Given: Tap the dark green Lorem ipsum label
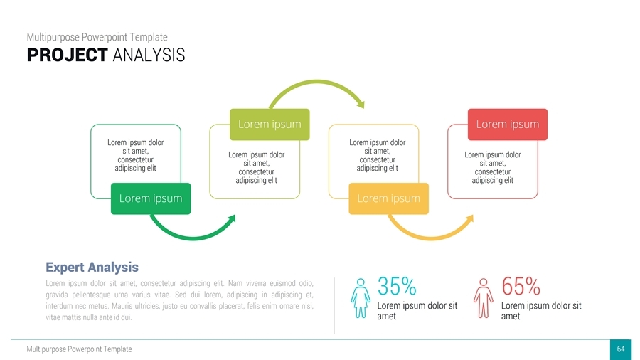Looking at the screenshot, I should (x=151, y=198).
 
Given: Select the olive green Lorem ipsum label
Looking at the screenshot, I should (x=270, y=124).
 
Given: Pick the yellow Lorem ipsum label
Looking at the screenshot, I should (x=388, y=198).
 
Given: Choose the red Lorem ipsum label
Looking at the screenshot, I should (x=507, y=124).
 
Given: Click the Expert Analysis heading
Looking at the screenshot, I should (x=92, y=267).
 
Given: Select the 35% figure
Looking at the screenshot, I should (x=397, y=287).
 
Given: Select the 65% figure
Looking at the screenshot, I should (x=521, y=287).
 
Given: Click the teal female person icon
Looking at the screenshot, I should (x=361, y=297).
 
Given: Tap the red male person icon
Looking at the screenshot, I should (x=484, y=297).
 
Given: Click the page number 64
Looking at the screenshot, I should (x=620, y=349).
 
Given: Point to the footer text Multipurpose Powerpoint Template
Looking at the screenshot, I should (x=78, y=349).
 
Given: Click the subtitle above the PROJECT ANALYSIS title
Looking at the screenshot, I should (x=97, y=37).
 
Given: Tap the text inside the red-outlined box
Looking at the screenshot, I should (x=492, y=168).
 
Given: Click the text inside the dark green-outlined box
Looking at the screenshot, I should (x=135, y=155).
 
